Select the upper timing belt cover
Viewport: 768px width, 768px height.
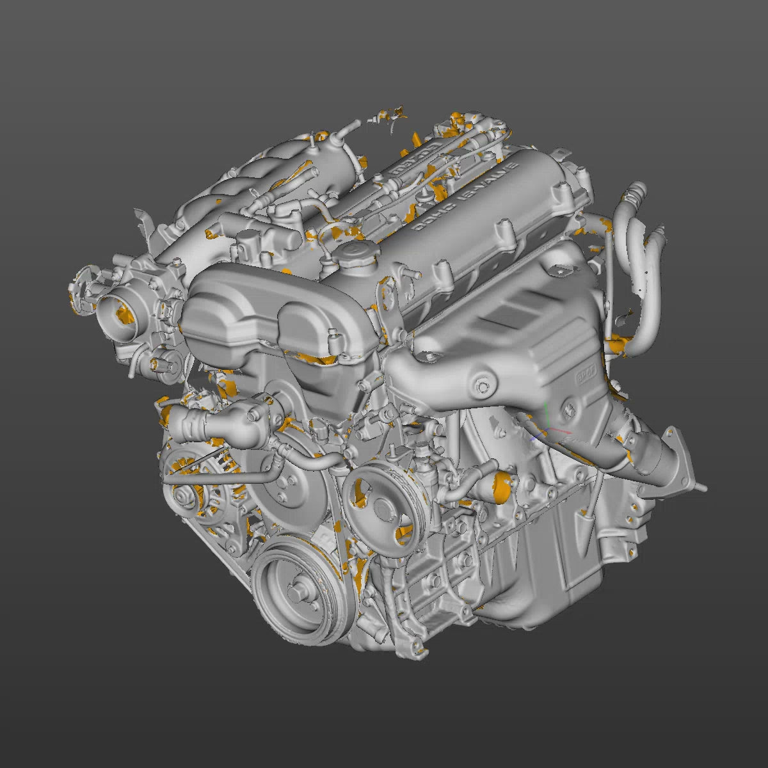(x=275, y=314)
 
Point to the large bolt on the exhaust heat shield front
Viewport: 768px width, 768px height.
(x=481, y=386)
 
